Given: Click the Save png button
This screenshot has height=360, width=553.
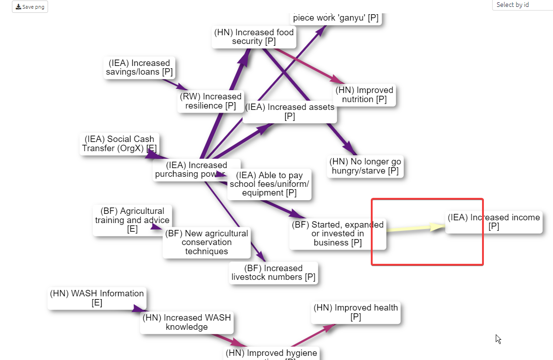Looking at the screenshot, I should coord(30,7).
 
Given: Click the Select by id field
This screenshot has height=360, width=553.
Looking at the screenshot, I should coord(522,5).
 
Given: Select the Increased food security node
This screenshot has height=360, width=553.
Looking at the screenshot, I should coord(254,37).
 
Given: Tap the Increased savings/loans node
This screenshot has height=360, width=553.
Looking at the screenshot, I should coord(139,68).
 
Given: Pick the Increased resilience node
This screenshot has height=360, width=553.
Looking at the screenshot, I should coord(211,101).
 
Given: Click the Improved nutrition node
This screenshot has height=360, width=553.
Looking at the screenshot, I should coord(364,95).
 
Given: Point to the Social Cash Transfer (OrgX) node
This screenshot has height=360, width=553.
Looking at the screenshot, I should coord(119,143).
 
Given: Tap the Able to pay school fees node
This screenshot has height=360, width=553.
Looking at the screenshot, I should coord(269,184).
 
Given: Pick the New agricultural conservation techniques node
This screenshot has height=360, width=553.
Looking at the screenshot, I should coord(206,243).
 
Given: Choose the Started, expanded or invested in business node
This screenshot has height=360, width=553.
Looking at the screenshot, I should coord(337,234).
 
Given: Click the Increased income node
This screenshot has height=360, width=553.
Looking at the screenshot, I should coord(493,222).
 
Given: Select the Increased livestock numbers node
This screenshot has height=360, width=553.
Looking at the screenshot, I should coord(273,273).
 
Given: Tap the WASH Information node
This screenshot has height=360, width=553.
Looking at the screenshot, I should coord(97,298).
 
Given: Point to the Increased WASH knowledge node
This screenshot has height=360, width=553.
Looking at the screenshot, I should coord(187,322).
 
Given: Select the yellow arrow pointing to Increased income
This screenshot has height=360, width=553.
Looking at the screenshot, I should coord(412,228).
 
